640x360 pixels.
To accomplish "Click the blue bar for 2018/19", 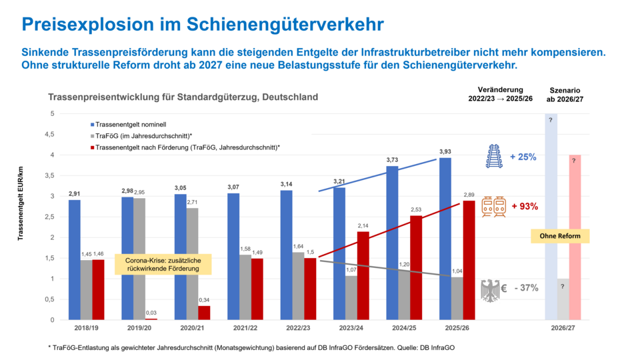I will pos(74,260).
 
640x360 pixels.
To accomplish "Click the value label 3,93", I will pos(444,151).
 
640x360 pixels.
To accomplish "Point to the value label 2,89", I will pos(469,194).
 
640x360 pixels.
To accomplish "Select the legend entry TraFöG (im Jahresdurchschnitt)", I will pos(137,135).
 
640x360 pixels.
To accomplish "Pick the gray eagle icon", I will pos(490,291).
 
